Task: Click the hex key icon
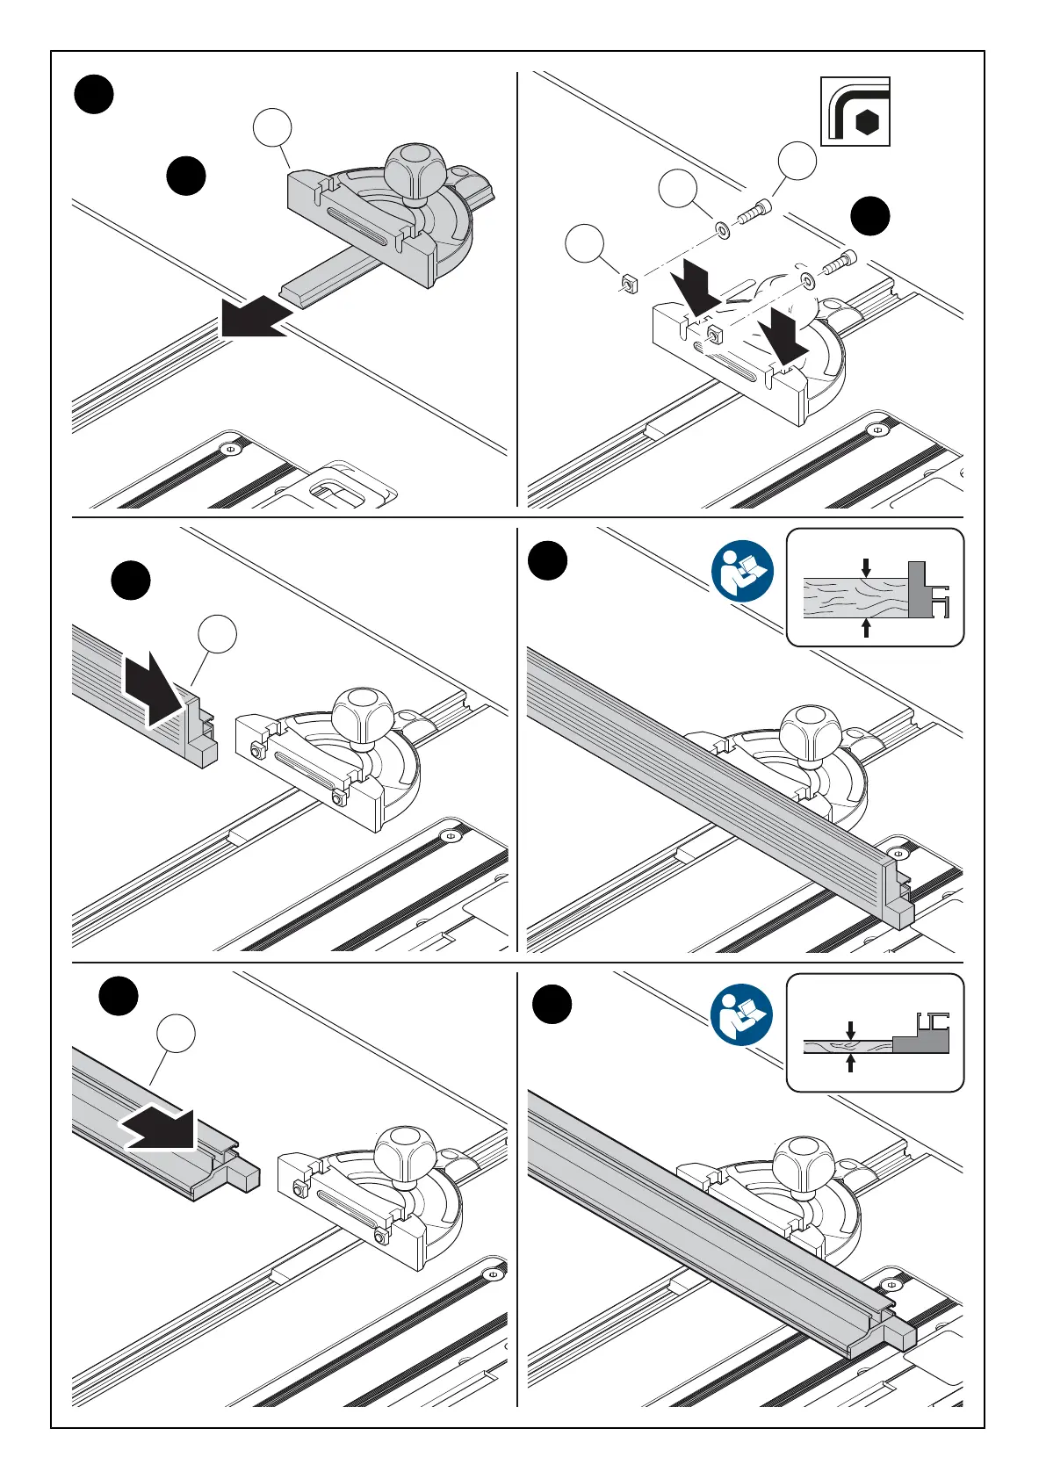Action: click(855, 112)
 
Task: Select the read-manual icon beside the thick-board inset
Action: click(742, 571)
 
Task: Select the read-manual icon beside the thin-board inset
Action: click(742, 1015)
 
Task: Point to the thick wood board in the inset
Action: click(855, 596)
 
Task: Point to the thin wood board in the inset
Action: click(847, 1045)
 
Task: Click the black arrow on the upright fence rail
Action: click(153, 689)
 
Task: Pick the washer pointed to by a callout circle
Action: click(722, 230)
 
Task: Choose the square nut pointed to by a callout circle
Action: click(629, 282)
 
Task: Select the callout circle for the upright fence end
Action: click(217, 635)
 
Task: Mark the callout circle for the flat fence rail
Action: click(176, 1033)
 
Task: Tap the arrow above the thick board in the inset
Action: click(866, 566)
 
